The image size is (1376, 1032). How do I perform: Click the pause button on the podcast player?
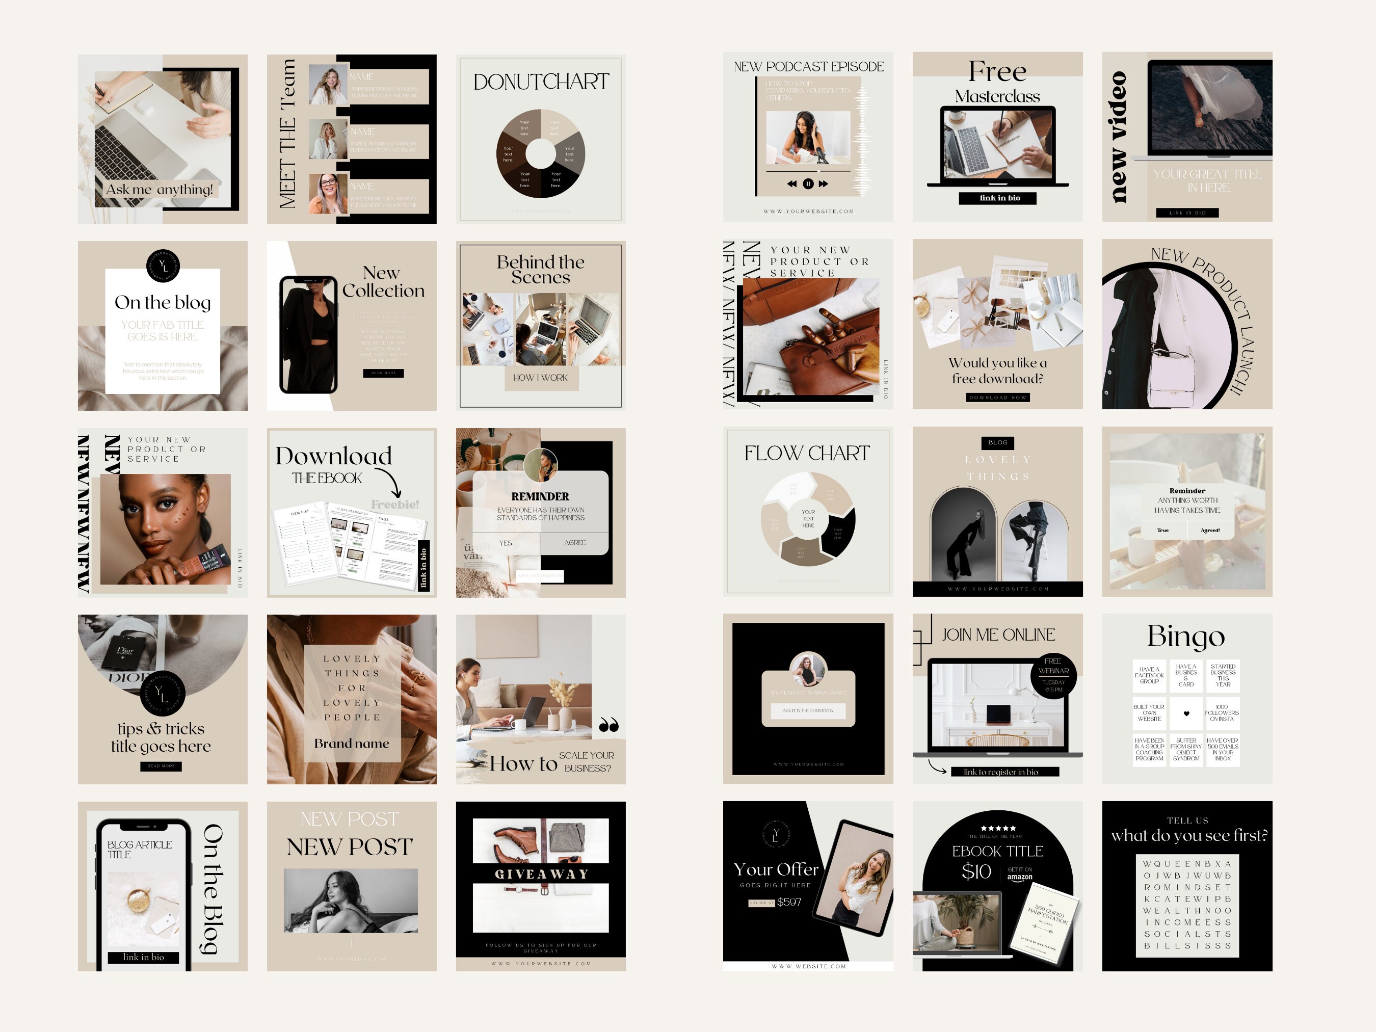pyautogui.click(x=808, y=183)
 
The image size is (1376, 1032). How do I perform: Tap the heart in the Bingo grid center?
pyautogui.click(x=1186, y=713)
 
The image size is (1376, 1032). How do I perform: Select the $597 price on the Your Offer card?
pyautogui.click(x=789, y=902)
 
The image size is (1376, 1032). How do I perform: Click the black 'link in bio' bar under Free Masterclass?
pyautogui.click(x=998, y=198)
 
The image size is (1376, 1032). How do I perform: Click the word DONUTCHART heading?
pyautogui.click(x=541, y=82)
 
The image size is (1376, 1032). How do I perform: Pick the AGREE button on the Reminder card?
pyautogui.click(x=575, y=542)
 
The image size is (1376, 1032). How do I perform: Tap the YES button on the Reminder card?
pyautogui.click(x=506, y=543)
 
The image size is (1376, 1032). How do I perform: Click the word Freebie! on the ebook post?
pyautogui.click(x=395, y=505)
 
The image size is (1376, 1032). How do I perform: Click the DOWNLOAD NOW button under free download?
pyautogui.click(x=998, y=398)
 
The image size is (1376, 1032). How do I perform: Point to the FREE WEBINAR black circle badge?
pyautogui.click(x=1053, y=676)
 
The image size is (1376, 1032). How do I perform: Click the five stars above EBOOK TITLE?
pyautogui.click(x=998, y=828)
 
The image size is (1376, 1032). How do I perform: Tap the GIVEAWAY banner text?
pyautogui.click(x=541, y=874)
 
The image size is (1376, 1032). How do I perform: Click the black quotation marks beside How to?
pyautogui.click(x=608, y=725)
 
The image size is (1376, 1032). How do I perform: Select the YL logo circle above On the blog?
pyautogui.click(x=163, y=266)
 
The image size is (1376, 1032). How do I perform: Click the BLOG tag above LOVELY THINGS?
pyautogui.click(x=998, y=443)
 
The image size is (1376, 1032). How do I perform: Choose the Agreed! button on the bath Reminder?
pyautogui.click(x=1209, y=531)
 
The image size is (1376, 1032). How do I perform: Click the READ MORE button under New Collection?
pyautogui.click(x=383, y=373)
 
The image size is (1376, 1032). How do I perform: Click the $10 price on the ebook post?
pyautogui.click(x=975, y=871)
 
